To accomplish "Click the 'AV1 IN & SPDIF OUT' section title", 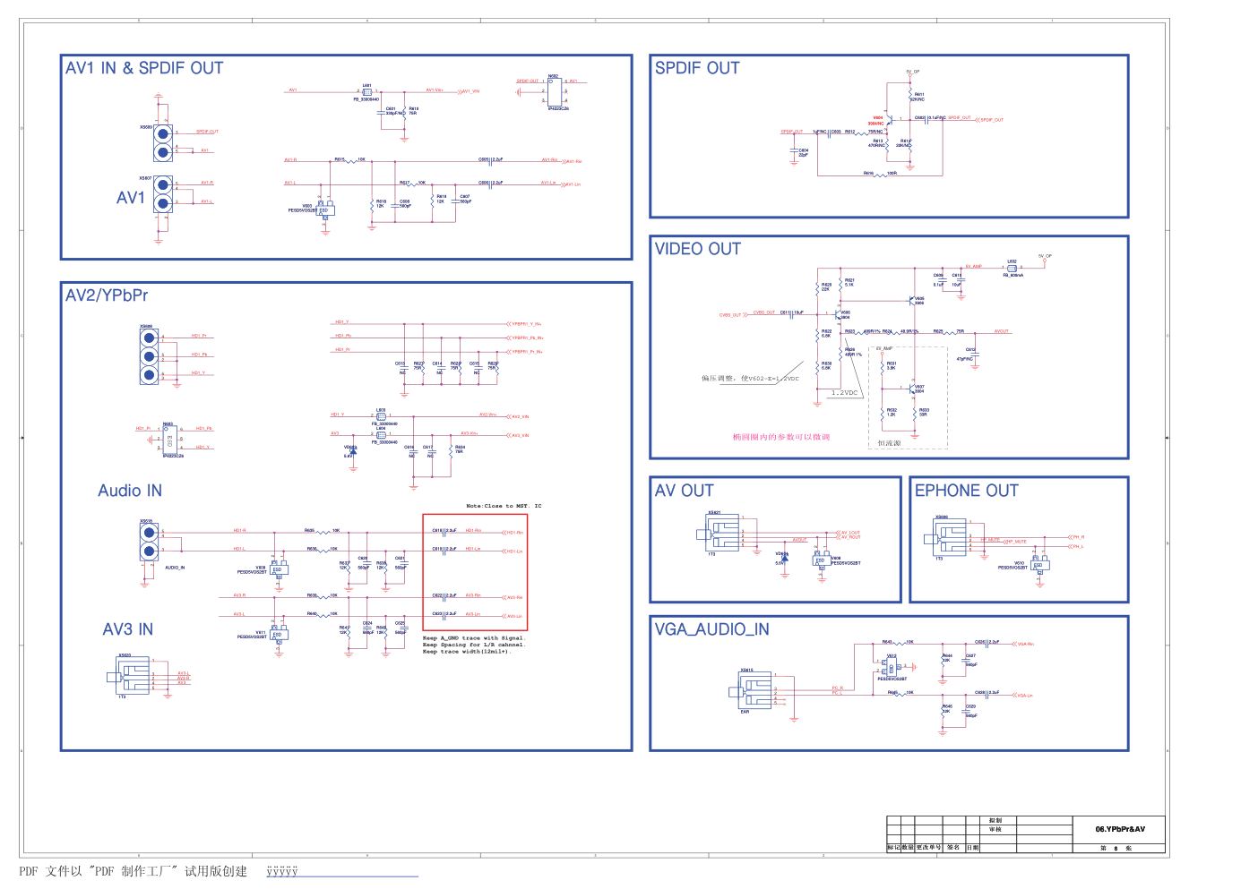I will click(x=144, y=68).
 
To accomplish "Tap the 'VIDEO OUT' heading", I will click(x=697, y=249).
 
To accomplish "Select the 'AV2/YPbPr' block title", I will click(x=107, y=295).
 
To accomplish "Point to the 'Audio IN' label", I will click(x=130, y=491).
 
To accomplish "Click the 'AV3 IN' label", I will click(x=127, y=629).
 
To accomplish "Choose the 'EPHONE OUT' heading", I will click(x=966, y=491).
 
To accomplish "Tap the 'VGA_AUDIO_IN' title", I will click(x=711, y=629).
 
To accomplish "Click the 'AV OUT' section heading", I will click(x=684, y=491).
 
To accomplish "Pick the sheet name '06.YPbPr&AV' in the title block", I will click(x=1119, y=829).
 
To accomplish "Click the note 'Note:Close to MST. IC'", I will click(x=504, y=506).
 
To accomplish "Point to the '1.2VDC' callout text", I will click(x=844, y=393).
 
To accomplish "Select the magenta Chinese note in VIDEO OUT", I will click(x=780, y=437).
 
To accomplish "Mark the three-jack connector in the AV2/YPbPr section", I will click(x=149, y=356).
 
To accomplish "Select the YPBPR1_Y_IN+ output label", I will click(x=526, y=324).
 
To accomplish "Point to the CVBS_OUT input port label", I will click(x=730, y=315).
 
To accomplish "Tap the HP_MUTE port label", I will click(x=1015, y=542).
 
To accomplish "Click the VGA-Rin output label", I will click(x=1025, y=644).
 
